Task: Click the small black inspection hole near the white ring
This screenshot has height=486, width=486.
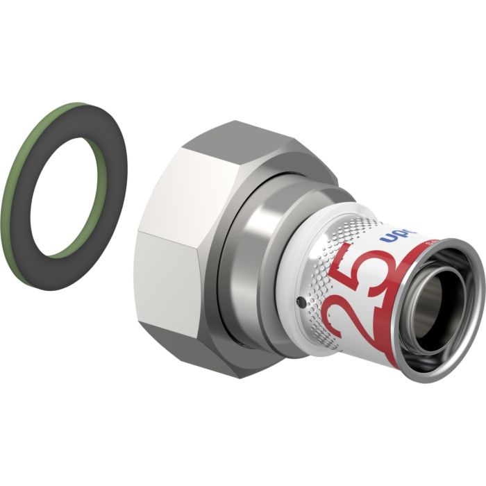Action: (300, 303)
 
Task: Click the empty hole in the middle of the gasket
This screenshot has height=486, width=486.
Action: (69, 178)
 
